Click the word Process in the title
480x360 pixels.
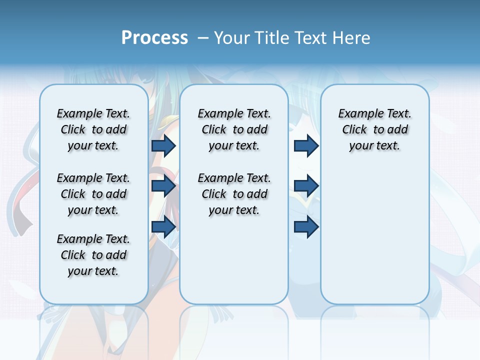coord(154,38)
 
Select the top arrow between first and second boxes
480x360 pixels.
coord(163,145)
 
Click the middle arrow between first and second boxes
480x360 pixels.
coord(163,186)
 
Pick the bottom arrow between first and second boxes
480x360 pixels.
coord(163,226)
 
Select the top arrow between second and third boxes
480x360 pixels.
coord(306,145)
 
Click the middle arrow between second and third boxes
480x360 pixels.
coord(306,186)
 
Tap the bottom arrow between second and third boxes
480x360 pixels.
coord(306,226)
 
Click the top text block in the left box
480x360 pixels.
coord(93,130)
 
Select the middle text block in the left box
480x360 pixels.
coord(93,194)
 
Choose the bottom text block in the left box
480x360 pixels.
coord(93,255)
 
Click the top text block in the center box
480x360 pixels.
coord(234,130)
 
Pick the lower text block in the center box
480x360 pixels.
coord(234,194)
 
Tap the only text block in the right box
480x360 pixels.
coord(374,130)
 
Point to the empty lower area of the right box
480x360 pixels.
coord(374,235)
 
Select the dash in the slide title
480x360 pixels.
coord(203,38)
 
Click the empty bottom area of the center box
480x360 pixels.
coord(234,265)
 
